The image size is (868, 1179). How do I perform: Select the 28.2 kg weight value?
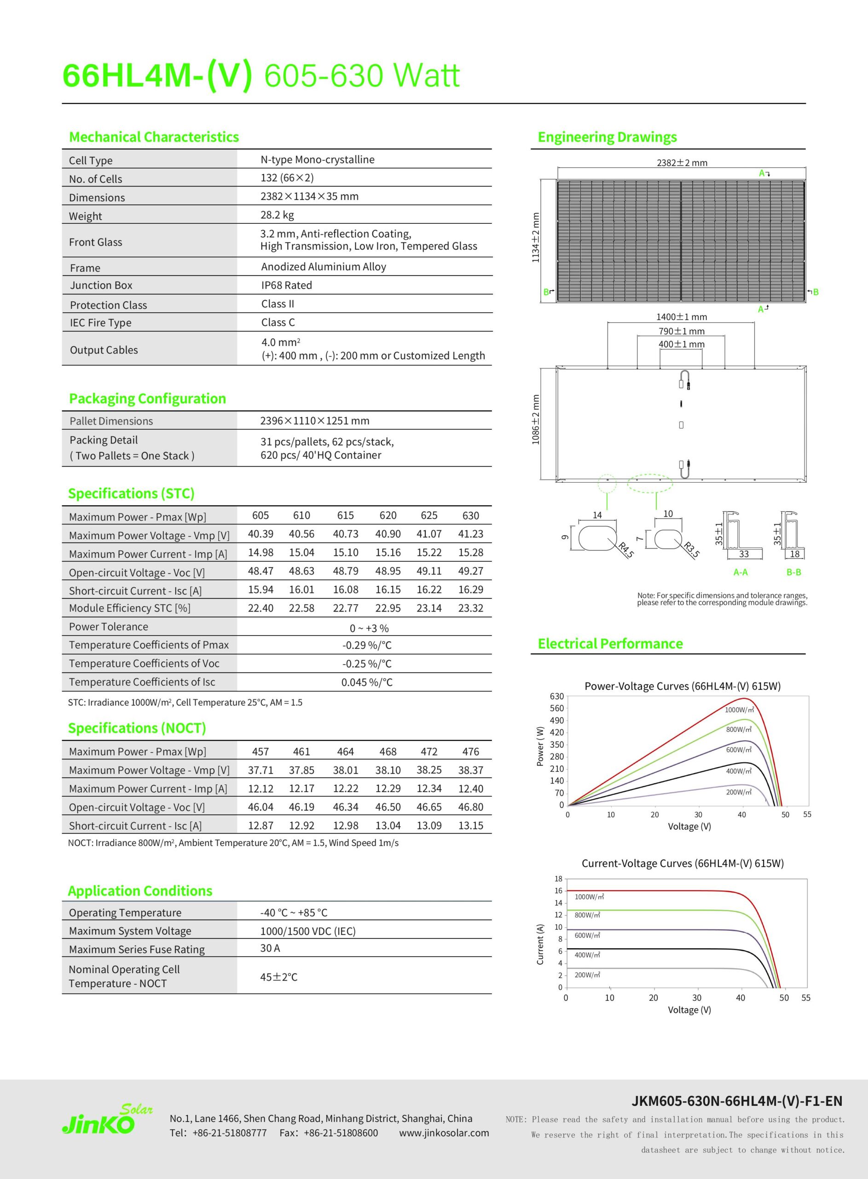277,215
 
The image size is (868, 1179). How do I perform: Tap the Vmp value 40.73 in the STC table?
345,534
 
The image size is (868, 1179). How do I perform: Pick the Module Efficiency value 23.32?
470,608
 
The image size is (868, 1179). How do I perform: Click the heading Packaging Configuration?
147,398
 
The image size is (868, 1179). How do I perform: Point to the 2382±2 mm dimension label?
682,163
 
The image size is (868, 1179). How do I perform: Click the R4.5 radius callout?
626,550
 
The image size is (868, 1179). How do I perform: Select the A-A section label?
741,572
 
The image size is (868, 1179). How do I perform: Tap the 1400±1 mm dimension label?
682,317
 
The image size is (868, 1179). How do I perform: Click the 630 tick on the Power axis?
556,696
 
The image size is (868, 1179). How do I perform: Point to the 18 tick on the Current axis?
558,879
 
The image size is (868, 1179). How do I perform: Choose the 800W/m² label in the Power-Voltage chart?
739,730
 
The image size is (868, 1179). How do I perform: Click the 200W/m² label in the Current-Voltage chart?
587,975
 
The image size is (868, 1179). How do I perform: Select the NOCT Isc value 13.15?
470,826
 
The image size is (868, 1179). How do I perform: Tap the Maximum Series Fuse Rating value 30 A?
270,948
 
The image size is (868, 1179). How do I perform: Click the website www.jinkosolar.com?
444,1133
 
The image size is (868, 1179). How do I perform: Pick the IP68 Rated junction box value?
286,286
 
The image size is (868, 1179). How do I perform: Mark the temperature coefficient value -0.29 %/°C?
367,646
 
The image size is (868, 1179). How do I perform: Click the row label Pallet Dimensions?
111,421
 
